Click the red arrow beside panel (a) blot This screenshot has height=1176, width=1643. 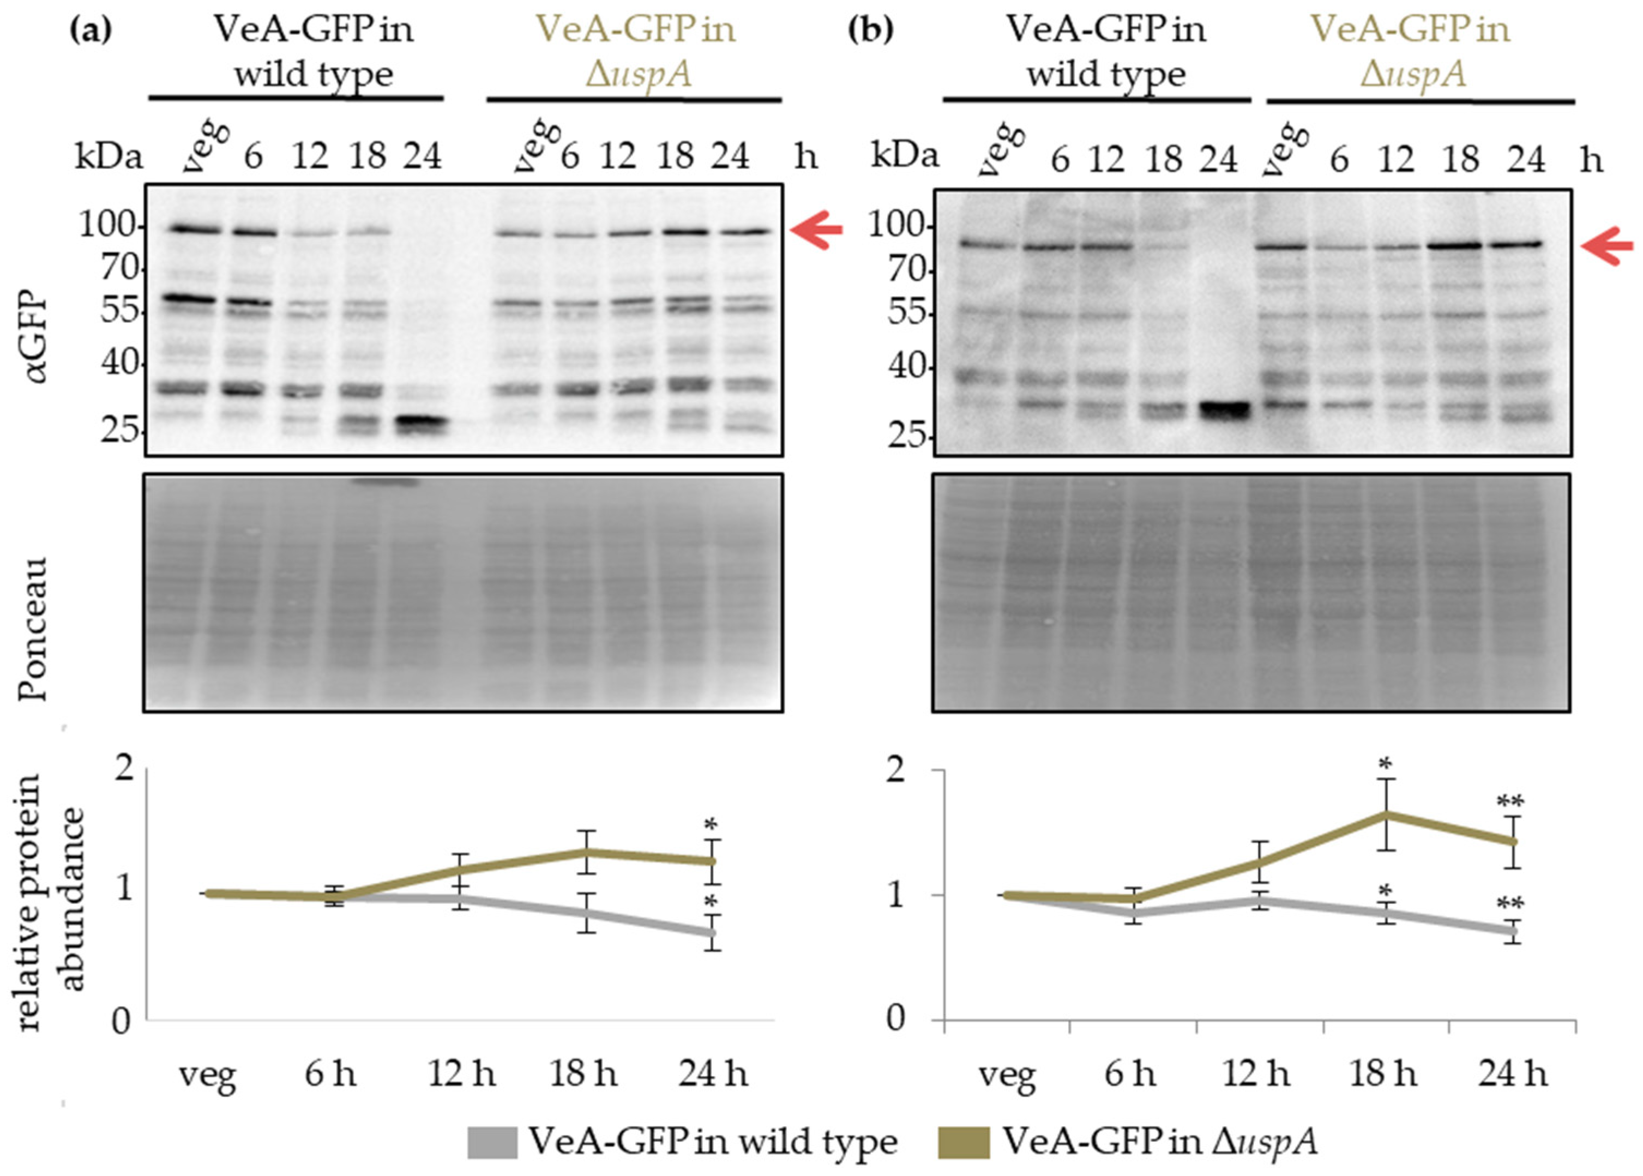pos(816,230)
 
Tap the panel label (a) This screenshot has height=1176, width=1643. pos(91,29)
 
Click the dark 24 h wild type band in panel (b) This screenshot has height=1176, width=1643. pos(1224,410)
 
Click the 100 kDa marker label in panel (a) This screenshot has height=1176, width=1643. pos(107,226)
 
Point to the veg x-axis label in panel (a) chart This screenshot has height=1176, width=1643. pos(208,1074)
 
